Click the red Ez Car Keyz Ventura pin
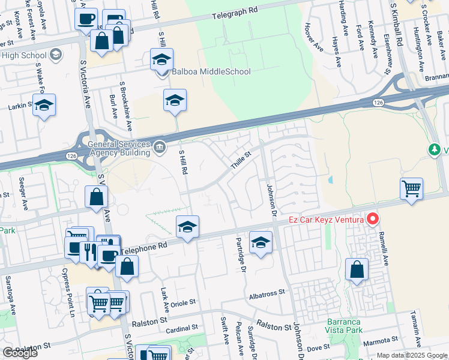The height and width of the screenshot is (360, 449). coord(373,220)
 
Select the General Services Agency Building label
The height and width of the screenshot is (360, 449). coord(119,148)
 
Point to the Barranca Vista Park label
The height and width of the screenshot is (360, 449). coord(345,326)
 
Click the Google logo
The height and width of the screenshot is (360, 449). coord(20,353)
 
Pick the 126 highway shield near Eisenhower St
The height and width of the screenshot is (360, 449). coord(378,103)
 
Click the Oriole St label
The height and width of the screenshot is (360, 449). coord(184,303)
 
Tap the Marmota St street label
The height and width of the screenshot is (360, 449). coord(378,341)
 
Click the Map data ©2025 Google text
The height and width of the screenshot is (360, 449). coord(412,355)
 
